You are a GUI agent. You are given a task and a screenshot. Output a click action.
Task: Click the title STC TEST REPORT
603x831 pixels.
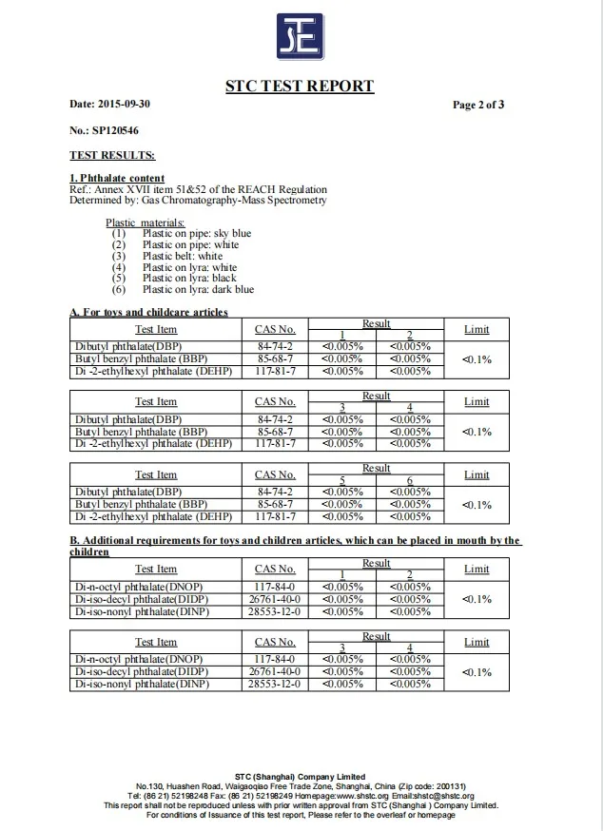coord(299,87)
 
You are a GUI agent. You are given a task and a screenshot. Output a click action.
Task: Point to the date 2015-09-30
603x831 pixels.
coord(126,104)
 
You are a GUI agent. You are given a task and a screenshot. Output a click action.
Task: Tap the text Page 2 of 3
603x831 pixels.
coord(478,105)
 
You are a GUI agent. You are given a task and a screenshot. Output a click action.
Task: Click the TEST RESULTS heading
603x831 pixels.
coord(112,154)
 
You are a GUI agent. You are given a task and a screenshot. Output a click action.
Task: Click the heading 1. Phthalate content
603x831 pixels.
coord(117,178)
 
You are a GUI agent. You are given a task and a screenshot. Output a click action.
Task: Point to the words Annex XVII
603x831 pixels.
coord(114,189)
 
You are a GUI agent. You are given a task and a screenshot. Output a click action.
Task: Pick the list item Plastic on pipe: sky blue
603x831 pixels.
coord(197,233)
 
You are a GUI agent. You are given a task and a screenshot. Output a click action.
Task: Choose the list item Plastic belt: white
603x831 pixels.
coord(183,256)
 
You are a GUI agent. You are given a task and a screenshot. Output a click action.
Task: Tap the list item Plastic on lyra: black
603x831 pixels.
coord(189,279)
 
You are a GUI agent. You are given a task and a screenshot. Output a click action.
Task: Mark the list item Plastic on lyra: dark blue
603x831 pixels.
coord(198,290)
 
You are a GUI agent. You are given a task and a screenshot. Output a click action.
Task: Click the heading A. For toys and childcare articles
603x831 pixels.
coord(148,312)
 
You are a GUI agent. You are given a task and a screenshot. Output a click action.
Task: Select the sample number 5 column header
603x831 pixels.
coord(342,480)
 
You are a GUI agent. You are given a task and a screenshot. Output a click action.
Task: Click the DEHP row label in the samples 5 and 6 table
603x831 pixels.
coord(153,516)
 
